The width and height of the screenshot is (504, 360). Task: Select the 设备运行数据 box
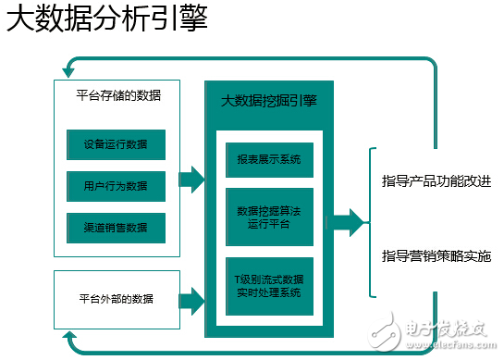pyautogui.click(x=117, y=144)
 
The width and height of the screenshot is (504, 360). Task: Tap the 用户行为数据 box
pyautogui.click(x=117, y=186)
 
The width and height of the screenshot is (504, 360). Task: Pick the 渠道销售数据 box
pyautogui.click(x=117, y=228)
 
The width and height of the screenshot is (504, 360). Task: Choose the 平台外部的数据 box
pyautogui.click(x=117, y=299)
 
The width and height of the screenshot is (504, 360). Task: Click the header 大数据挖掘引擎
pyautogui.click(x=269, y=100)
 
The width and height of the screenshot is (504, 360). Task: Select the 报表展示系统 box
pyautogui.click(x=269, y=158)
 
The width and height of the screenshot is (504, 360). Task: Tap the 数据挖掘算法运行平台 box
pyautogui.click(x=269, y=217)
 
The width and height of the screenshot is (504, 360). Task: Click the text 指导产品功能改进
pyautogui.click(x=436, y=180)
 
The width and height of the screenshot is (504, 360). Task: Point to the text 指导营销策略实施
pyautogui.click(x=436, y=254)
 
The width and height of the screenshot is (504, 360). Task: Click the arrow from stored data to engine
pyautogui.click(x=191, y=180)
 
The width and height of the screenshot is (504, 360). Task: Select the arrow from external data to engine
pyautogui.click(x=191, y=299)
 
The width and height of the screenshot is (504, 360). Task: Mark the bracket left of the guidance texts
pyautogui.click(x=372, y=222)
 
